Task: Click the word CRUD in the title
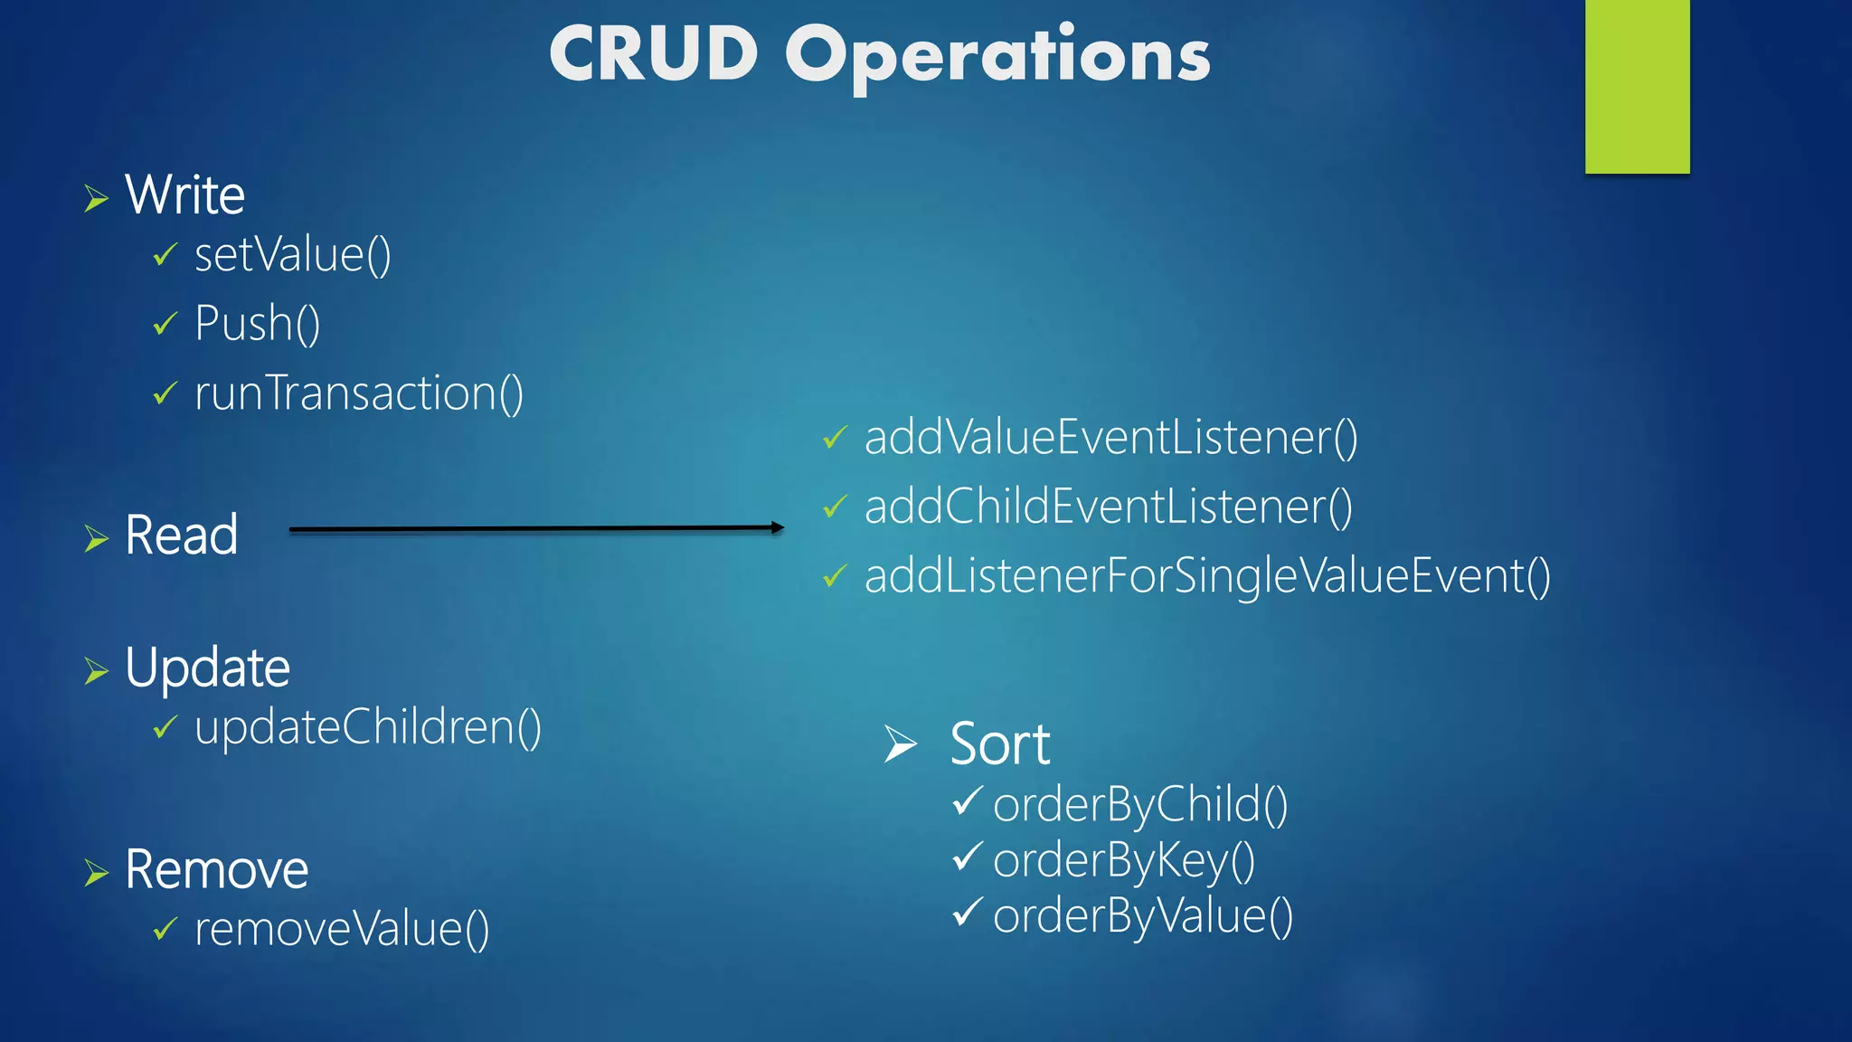(653, 54)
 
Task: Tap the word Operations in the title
(997, 56)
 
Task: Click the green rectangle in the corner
(1637, 86)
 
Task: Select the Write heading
(184, 195)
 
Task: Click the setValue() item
(292, 255)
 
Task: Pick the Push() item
(257, 324)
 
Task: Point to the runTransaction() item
(358, 393)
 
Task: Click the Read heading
(181, 535)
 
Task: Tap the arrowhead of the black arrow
(778, 527)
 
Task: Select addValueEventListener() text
(1110, 438)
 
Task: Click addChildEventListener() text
(1108, 507)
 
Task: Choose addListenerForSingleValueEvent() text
(1207, 576)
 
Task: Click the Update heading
(207, 668)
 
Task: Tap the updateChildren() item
(367, 727)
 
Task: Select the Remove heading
(216, 869)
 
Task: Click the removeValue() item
(342, 929)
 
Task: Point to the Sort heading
(999, 744)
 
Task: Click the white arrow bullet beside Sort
(900, 744)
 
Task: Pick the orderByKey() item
(1123, 859)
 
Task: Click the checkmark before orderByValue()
(968, 912)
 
